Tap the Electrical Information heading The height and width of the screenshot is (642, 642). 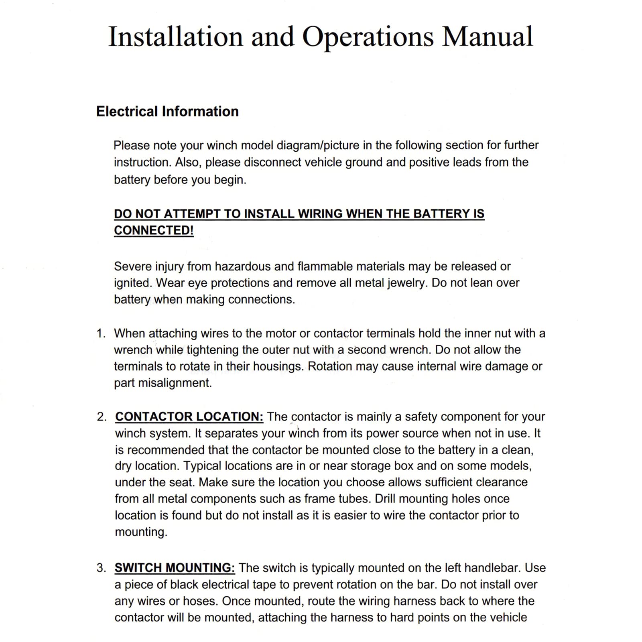point(167,112)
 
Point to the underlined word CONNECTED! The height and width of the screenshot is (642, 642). point(154,230)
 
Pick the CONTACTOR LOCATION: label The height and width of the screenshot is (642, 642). point(189,416)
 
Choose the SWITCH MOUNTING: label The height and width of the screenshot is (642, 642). point(175,568)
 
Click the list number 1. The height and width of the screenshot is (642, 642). point(100,333)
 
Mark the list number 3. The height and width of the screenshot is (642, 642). point(101,568)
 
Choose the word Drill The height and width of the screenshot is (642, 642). point(385,499)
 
